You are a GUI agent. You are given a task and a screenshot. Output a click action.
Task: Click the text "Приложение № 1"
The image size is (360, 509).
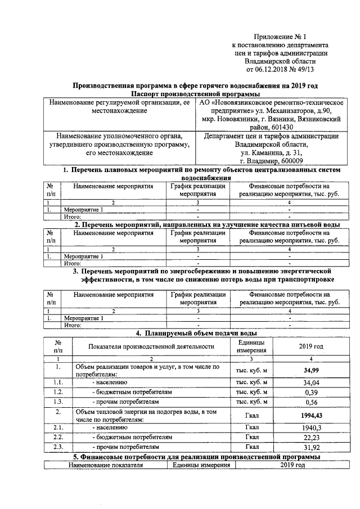(280, 36)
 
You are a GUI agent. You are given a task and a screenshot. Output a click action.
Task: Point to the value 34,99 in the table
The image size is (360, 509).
(311, 370)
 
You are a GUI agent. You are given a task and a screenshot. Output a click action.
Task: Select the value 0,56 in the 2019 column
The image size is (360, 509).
(311, 402)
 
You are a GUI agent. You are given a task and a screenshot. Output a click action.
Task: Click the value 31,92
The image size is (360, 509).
(311, 447)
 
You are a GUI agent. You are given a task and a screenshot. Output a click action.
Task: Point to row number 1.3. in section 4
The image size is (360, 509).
(58, 402)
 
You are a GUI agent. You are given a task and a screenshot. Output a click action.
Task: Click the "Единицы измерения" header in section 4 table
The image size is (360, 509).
(251, 346)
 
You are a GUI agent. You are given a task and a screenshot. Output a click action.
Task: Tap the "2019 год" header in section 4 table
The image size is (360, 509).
(311, 346)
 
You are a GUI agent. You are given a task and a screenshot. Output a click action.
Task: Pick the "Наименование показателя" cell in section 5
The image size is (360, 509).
(106, 466)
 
